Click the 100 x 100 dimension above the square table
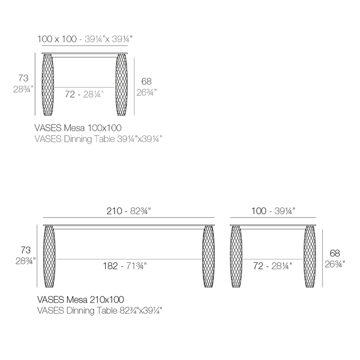[57, 39]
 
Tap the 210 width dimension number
[114, 211]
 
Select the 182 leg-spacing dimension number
[110, 266]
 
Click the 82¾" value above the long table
[140, 211]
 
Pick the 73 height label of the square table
[23, 78]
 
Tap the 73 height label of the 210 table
[26, 250]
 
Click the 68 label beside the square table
[147, 81]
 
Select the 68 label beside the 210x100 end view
[335, 253]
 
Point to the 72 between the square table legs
[70, 94]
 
